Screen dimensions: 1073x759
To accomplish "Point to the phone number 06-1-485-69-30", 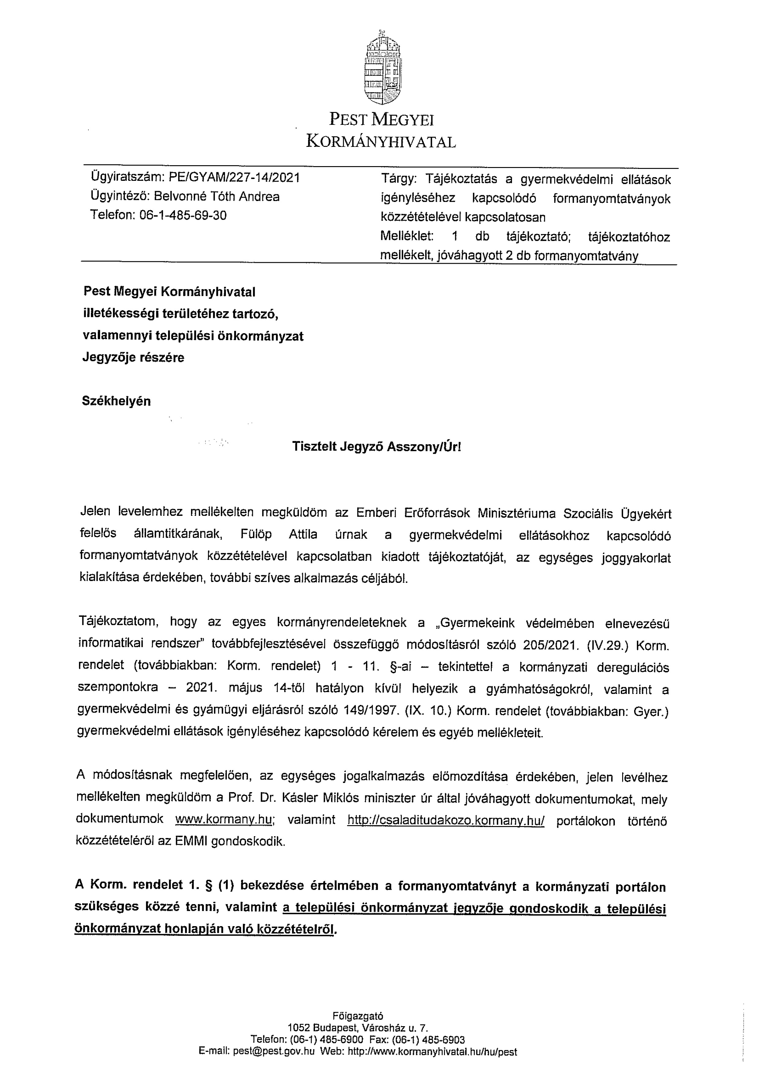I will tap(183, 215).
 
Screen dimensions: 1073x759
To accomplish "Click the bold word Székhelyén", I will tap(116, 401).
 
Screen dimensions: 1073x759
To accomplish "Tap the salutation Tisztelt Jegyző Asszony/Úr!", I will tap(376, 447).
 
